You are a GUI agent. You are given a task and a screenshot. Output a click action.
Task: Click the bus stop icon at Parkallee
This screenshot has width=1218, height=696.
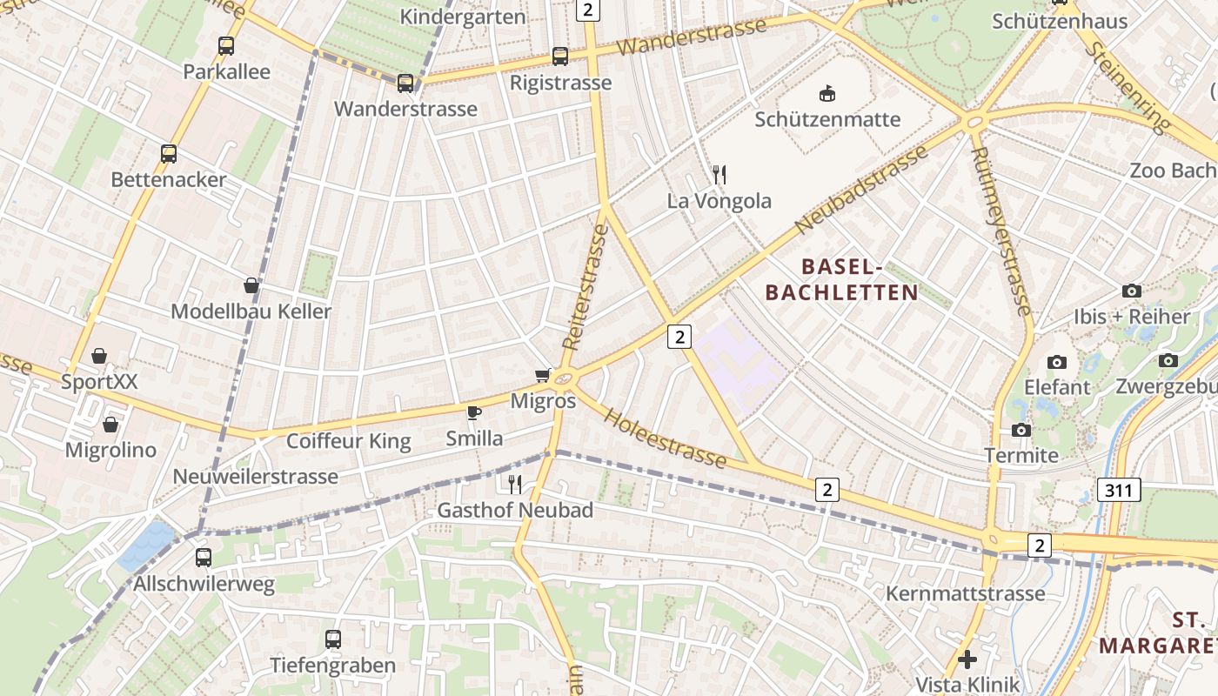[226, 46]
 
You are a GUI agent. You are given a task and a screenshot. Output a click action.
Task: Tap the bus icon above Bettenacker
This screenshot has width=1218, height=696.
[169, 154]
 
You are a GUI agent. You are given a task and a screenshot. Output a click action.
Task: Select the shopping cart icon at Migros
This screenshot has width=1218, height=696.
[544, 375]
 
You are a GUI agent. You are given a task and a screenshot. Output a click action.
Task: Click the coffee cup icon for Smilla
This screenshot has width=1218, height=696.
[473, 412]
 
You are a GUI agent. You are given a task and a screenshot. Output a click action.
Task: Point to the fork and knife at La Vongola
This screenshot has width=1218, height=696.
[719, 175]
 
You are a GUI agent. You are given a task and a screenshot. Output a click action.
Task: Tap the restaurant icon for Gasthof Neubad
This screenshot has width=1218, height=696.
[515, 484]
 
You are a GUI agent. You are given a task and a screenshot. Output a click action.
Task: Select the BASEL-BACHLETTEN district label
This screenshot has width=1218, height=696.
[841, 279]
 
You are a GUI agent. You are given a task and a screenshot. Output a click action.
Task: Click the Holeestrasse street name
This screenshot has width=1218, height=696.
[665, 437]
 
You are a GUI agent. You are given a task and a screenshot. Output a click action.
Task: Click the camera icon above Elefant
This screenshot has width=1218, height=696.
[1057, 362]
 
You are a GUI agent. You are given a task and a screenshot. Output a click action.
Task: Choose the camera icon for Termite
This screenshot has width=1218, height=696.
[1021, 430]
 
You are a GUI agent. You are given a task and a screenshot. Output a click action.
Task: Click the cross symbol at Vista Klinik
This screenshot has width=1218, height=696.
[967, 659]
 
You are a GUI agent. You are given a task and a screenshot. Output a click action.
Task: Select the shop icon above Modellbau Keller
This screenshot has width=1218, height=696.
[251, 285]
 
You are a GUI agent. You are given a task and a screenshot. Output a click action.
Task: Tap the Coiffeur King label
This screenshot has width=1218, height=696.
[349, 441]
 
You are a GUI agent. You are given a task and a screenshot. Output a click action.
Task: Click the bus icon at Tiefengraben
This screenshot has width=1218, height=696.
[332, 639]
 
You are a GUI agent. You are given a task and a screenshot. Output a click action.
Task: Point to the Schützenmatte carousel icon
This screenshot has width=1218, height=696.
[827, 93]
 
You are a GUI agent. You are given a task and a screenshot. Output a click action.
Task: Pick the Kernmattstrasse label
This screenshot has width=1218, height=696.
[965, 593]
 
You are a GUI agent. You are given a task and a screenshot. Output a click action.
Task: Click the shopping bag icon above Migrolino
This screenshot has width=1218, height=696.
[110, 425]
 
